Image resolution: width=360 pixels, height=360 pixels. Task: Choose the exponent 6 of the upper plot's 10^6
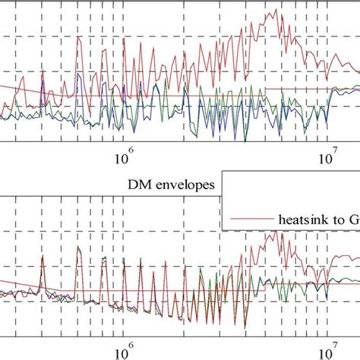(x=129, y=154)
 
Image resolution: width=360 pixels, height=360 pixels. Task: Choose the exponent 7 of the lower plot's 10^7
(x=336, y=346)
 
